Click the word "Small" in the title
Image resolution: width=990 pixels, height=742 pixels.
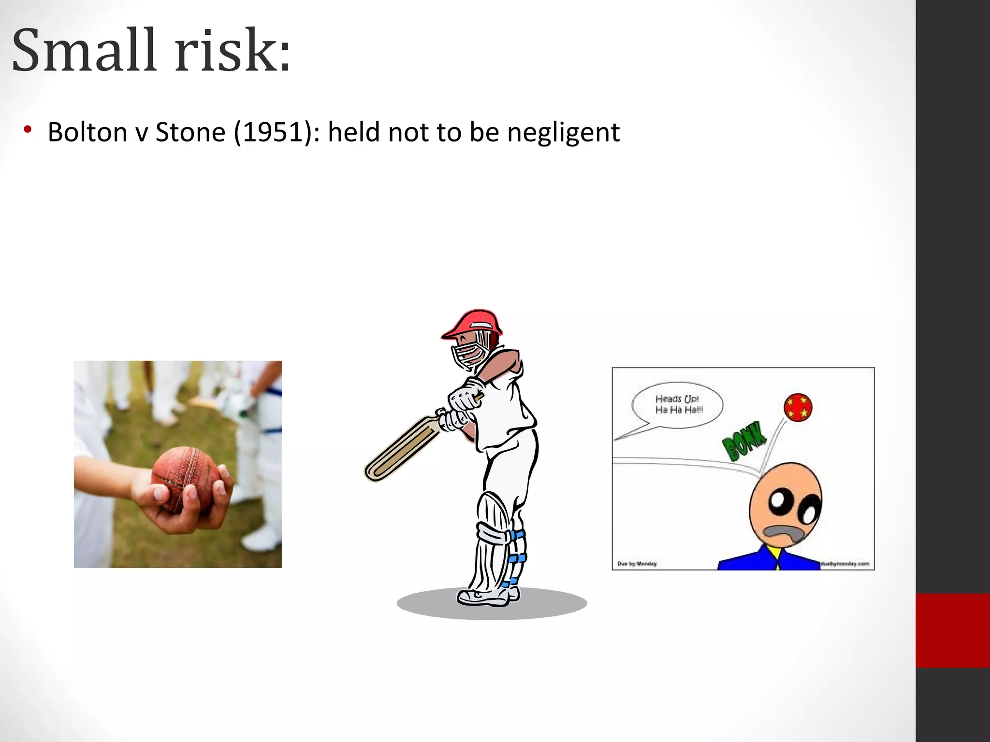coord(84,51)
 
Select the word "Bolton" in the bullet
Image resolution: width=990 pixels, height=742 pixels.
coord(87,132)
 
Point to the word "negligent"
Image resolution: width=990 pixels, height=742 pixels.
coord(563,133)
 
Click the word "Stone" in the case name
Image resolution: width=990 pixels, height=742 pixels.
coord(190,132)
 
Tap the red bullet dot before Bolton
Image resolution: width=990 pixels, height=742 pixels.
coord(28,129)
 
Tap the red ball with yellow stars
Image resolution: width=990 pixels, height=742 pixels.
coord(798,407)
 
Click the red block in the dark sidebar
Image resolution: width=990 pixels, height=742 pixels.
coord(952,630)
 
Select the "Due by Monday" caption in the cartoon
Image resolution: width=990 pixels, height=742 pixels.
coord(637,564)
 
